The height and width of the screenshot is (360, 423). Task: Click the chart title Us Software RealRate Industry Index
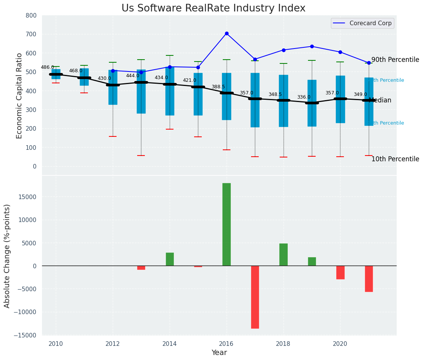(213, 8)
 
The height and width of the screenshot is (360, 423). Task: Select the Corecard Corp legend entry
(363, 23)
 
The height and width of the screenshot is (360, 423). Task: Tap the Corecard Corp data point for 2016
(227, 34)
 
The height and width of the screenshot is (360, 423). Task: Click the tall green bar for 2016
(227, 224)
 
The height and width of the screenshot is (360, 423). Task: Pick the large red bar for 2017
(255, 297)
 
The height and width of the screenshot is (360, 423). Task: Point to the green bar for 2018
(284, 255)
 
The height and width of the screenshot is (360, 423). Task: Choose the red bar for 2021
(369, 279)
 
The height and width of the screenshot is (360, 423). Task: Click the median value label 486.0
(47, 67)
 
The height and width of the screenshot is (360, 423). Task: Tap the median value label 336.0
(304, 97)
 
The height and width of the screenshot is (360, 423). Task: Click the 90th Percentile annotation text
(395, 60)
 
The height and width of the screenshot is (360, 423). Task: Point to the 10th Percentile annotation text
(395, 159)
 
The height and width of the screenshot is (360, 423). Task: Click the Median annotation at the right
(380, 101)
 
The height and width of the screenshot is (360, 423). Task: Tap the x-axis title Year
(219, 353)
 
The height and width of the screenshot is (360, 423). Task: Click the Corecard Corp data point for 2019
(312, 47)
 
